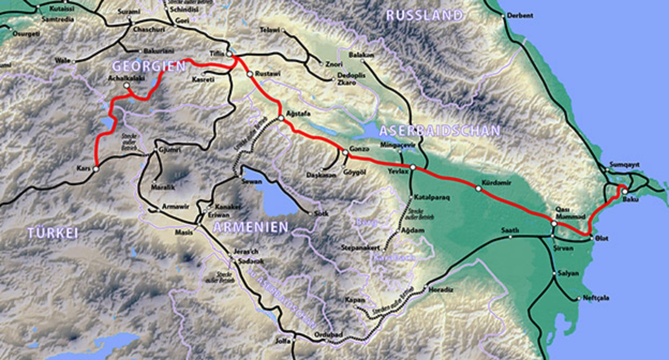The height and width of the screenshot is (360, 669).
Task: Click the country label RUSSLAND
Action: pyautogui.click(x=424, y=15)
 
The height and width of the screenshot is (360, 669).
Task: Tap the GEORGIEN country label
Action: pyautogui.click(x=148, y=66)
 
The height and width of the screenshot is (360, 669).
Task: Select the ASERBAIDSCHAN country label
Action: pyautogui.click(x=439, y=130)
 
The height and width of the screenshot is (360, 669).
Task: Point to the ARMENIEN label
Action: pyautogui.click(x=250, y=227)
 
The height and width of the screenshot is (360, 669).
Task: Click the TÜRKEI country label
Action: pyautogui.click(x=53, y=232)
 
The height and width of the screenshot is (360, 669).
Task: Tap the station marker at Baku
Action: pyautogui.click(x=625, y=191)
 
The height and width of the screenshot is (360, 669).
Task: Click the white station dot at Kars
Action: pyautogui.click(x=95, y=169)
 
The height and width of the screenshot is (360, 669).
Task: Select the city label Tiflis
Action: pyautogui.click(x=216, y=52)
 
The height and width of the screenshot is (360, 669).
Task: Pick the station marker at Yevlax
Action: pyautogui.click(x=413, y=167)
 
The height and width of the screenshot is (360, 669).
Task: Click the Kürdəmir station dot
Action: pyautogui.click(x=478, y=188)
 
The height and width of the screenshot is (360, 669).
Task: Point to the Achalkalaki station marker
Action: pyautogui.click(x=127, y=85)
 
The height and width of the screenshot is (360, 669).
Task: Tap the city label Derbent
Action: pyautogui.click(x=519, y=16)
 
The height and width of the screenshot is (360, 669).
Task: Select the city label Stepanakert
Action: pyautogui.click(x=360, y=248)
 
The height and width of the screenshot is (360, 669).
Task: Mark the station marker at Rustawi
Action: pyautogui.click(x=249, y=74)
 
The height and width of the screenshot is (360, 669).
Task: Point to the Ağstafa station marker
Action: pyautogui.click(x=281, y=118)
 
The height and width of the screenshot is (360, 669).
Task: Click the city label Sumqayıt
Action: pyautogui.click(x=625, y=164)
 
